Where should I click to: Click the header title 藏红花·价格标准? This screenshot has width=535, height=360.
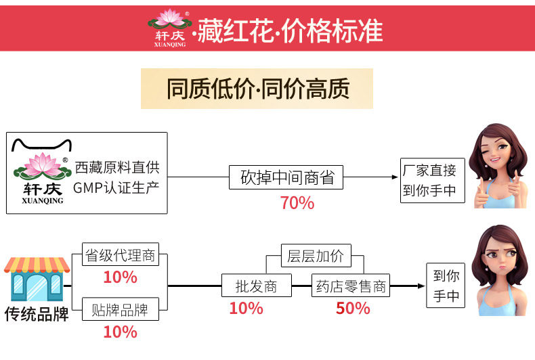point(290,31)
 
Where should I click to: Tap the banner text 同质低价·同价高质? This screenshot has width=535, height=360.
point(257,89)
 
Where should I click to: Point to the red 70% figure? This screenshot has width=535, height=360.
point(297,202)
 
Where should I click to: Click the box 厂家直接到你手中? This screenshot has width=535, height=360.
point(432,179)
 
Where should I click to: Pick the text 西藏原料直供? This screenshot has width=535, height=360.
point(117,167)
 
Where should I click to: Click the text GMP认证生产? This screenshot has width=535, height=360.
point(117,185)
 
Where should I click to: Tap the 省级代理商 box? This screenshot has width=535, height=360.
point(120,256)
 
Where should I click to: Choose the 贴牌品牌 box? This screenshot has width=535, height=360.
point(120,311)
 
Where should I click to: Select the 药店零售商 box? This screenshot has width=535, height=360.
point(351,286)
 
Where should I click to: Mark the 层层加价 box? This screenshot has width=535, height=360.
point(316,256)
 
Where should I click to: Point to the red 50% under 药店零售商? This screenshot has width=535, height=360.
point(353,309)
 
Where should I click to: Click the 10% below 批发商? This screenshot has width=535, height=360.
point(246,309)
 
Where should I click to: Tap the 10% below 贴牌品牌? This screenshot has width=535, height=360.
point(120,332)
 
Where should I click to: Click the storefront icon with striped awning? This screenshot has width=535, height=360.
point(37,279)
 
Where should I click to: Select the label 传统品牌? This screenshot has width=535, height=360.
point(37,315)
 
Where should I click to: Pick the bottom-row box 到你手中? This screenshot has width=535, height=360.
point(446,286)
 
